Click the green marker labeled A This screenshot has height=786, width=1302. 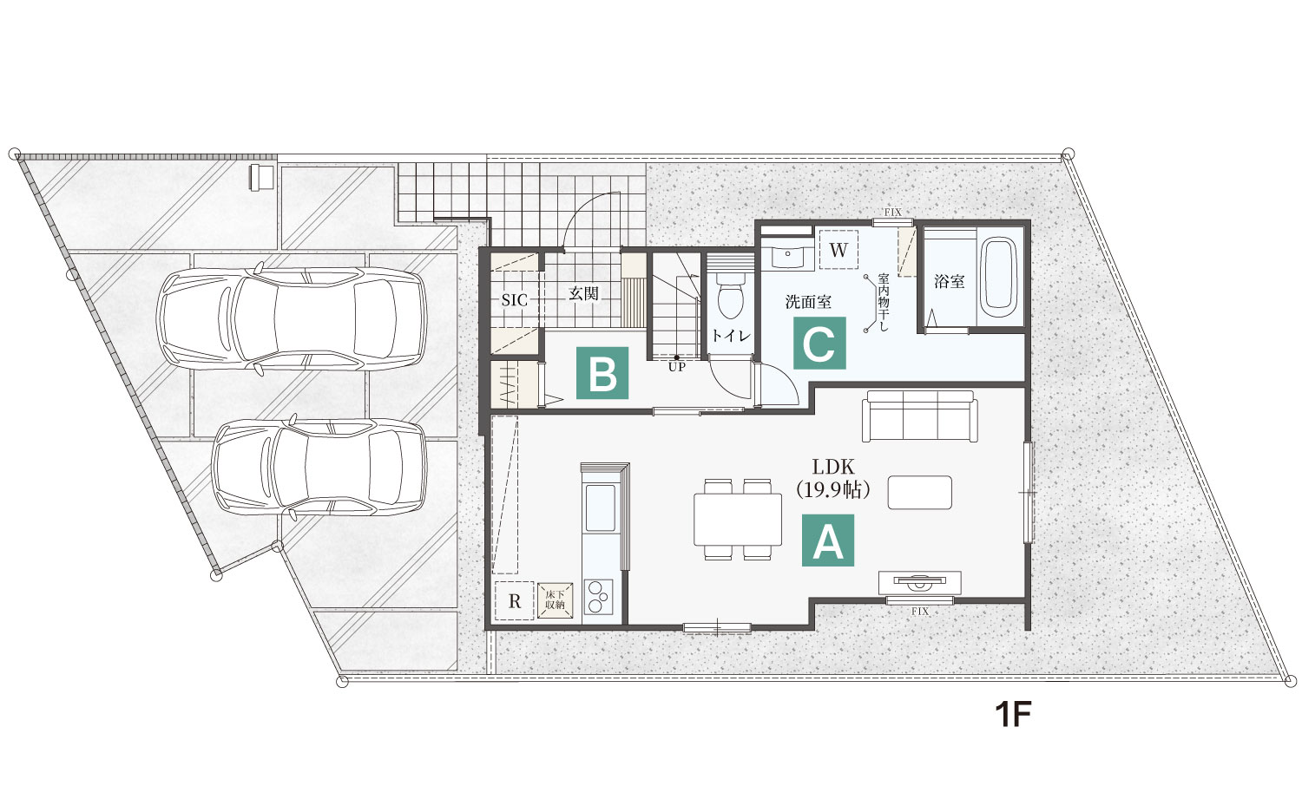828,540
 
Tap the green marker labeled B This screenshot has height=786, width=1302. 602,373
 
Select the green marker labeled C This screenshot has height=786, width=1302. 819,343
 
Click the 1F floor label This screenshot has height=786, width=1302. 1013,715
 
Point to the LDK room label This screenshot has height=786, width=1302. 833,467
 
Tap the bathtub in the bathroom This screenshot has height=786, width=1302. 997,277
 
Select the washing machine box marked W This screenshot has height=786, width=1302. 838,250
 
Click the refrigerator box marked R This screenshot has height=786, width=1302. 515,600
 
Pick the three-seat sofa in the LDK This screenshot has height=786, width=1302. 919,416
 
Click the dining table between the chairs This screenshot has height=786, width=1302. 738,520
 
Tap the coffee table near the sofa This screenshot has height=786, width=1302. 919,493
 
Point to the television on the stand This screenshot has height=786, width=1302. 919,580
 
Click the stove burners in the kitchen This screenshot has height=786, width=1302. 597,597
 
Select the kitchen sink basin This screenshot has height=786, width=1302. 600,508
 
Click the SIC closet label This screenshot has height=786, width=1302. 515,300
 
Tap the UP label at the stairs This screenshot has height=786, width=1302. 676,367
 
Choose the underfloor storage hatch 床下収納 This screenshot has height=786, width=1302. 556,600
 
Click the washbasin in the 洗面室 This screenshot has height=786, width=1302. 787,256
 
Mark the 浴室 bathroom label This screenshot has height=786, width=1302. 950,282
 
